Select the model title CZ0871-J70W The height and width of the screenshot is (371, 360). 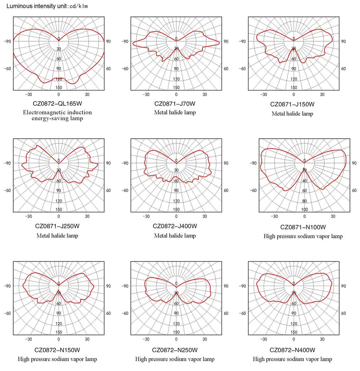point(175,104)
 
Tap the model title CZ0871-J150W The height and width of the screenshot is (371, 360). point(292,104)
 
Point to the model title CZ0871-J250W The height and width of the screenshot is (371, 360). point(58,226)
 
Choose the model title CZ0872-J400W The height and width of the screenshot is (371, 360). point(175,226)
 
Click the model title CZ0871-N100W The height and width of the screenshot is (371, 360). point(303,227)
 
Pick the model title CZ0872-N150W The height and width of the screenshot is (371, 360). point(58,350)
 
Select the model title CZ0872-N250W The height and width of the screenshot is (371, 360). point(175,350)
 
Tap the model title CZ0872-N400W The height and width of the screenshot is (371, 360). point(292,350)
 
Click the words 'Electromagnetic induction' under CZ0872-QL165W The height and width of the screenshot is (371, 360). point(58,112)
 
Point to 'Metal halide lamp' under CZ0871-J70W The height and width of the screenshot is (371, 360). point(175,112)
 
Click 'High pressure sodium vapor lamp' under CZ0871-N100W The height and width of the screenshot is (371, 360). point(303,236)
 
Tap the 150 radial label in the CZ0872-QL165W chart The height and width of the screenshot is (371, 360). point(59,87)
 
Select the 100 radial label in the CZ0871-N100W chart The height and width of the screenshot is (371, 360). point(305,209)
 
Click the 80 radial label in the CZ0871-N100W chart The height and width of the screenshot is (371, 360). point(305,201)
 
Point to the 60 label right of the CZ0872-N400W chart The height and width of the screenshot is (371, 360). point(343,313)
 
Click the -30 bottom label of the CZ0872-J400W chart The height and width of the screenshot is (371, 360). point(146,216)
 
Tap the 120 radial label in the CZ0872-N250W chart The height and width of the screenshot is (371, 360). point(176,324)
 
